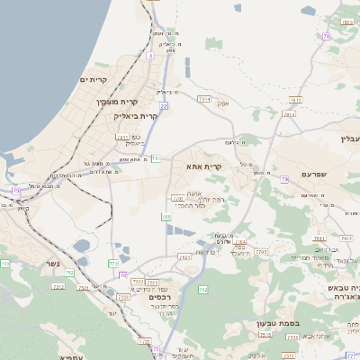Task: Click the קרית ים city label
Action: coord(94,81)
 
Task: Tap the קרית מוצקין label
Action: coord(131,103)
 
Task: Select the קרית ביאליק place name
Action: coord(136,116)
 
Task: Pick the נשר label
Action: coord(50,265)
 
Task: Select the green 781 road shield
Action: coord(156,158)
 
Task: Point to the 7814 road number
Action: coord(204,98)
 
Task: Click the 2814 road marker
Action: coord(289,114)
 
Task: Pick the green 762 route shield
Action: coord(203,290)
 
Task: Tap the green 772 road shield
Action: coord(113,264)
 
